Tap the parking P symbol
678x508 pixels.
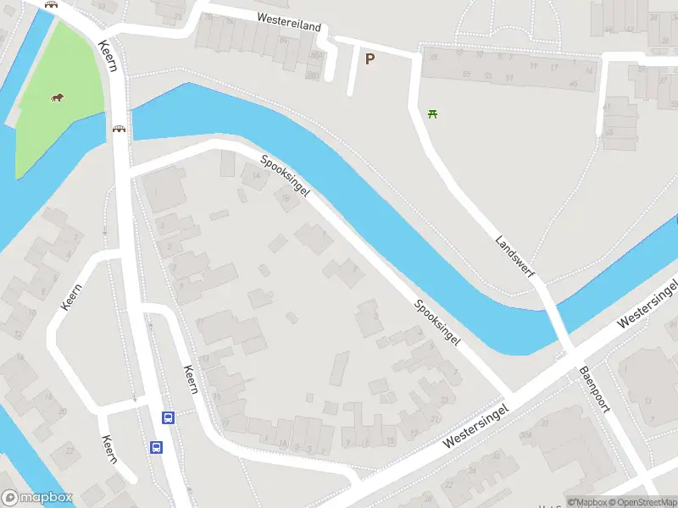370,58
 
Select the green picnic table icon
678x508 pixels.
433,113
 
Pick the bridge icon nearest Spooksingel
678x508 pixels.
119,130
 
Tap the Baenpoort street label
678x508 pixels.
595,389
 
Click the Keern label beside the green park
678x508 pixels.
107,56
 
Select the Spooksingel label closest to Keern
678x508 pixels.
285,176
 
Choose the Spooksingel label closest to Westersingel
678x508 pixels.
437,323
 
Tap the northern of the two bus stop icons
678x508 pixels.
168,417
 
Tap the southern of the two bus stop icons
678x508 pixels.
157,447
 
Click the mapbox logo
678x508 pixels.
37,498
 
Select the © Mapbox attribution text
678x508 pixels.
587,502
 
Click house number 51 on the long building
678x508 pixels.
509,77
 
